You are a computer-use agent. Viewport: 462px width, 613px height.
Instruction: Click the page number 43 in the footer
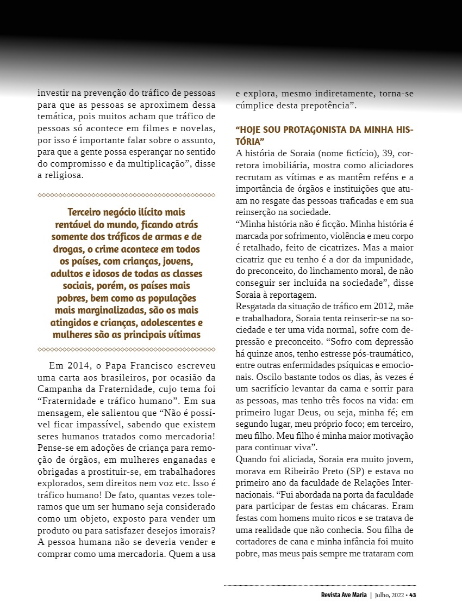413,594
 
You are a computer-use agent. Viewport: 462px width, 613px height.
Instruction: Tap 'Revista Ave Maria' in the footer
344,594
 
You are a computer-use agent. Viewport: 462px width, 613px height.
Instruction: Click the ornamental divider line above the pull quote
126,195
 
